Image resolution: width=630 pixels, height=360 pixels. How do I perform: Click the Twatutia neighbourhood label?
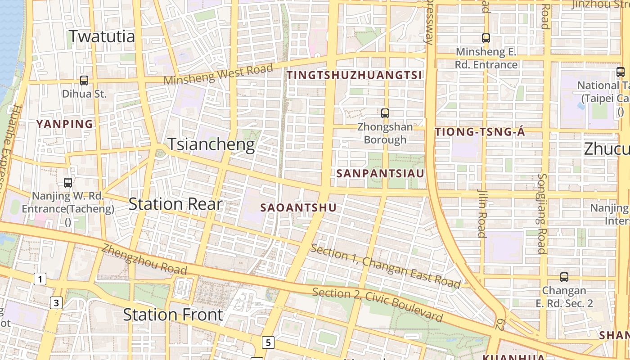click(102, 36)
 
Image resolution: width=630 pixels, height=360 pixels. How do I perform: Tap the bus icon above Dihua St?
click(84, 81)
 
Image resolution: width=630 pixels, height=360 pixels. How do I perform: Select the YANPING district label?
click(64, 124)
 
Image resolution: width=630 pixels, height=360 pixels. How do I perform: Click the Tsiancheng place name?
click(211, 144)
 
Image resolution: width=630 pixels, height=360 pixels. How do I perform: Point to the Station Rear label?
click(175, 204)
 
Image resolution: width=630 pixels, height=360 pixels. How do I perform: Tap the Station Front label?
click(173, 315)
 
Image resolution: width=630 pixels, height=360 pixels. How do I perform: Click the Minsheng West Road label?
click(218, 74)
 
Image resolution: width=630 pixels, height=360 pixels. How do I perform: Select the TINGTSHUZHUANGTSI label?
click(355, 75)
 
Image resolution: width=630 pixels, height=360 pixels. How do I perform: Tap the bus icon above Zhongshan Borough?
click(385, 113)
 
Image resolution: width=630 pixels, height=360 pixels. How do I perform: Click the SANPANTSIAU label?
click(380, 173)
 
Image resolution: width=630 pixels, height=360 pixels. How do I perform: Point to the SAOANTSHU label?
click(298, 207)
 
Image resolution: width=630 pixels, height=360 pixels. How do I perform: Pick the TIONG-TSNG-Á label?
click(480, 132)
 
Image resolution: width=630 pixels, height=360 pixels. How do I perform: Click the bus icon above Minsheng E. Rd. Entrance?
click(486, 38)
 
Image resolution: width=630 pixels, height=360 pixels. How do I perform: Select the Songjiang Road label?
click(542, 214)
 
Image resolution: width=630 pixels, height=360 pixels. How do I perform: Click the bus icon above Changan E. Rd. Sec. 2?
click(564, 277)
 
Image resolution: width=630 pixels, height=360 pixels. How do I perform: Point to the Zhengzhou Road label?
click(144, 259)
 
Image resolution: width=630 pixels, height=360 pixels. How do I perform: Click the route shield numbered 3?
click(56, 303)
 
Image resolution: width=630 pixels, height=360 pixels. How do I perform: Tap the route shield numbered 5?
click(268, 342)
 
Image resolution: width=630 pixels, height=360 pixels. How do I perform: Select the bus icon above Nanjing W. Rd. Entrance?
click(68, 183)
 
